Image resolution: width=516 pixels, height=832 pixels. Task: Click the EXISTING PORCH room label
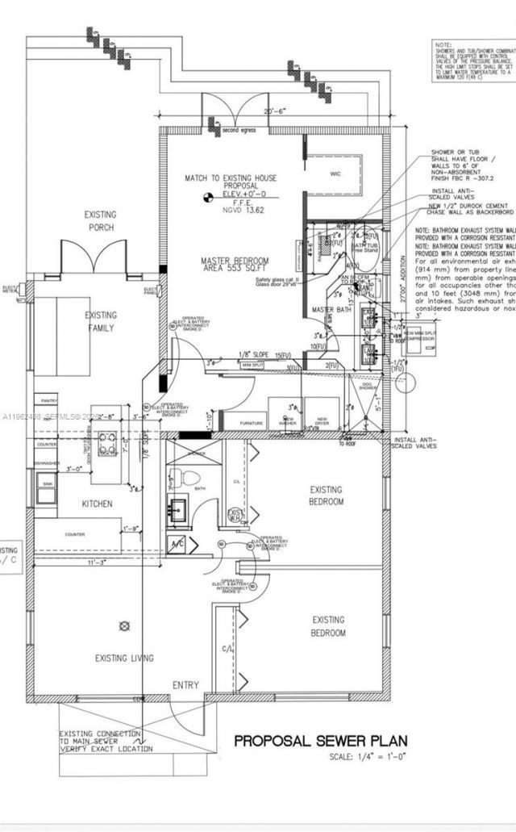tap(101, 221)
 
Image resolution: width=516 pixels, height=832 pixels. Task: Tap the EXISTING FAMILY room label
tap(102, 321)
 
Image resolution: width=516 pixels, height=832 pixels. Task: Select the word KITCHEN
tap(97, 504)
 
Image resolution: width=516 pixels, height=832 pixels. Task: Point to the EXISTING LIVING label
tap(123, 658)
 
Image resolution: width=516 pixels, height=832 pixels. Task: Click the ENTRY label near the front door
tap(185, 685)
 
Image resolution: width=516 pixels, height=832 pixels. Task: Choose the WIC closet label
tap(336, 174)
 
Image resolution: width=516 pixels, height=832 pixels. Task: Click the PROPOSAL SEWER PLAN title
tap(320, 740)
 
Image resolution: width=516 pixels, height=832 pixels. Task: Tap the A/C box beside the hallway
tap(177, 545)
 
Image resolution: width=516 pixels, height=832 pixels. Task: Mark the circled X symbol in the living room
tap(123, 625)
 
